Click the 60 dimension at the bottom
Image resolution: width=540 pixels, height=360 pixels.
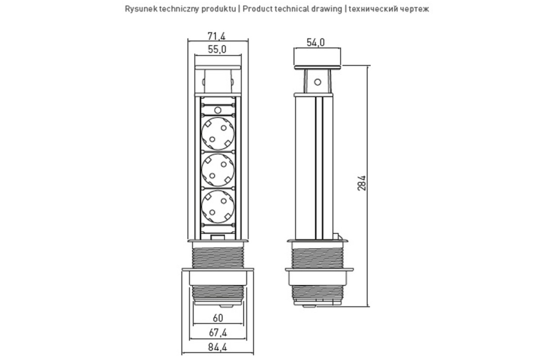click(217, 318)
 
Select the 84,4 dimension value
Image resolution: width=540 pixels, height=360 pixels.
click(217, 346)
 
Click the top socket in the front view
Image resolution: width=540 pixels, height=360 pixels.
click(217, 134)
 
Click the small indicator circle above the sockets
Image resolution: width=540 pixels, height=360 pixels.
click(217, 109)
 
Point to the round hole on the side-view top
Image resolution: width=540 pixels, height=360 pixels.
click(317, 82)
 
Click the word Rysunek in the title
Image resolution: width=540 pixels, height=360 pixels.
click(140, 9)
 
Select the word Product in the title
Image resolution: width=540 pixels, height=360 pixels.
click(257, 9)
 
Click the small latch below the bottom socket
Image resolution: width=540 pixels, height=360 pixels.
click(217, 236)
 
